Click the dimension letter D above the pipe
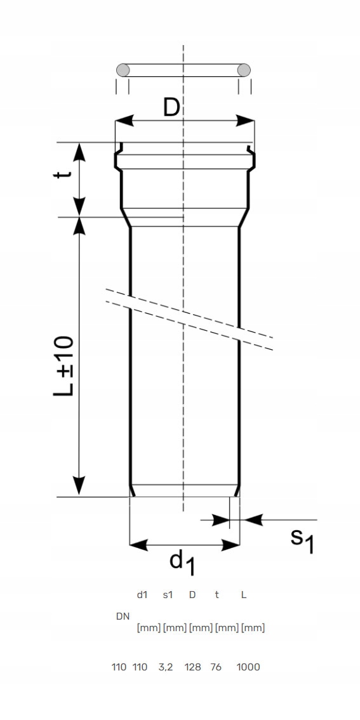(171, 108)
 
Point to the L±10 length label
(64, 366)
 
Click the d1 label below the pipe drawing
(183, 563)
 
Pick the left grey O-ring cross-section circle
(123, 70)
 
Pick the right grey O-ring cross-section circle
(244, 70)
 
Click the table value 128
(193, 667)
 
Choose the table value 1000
(248, 667)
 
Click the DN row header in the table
(123, 617)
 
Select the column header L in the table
(244, 595)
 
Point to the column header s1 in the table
(168, 595)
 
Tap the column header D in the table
(192, 595)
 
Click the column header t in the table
(217, 595)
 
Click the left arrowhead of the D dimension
(124, 121)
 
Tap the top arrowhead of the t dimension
(80, 152)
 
